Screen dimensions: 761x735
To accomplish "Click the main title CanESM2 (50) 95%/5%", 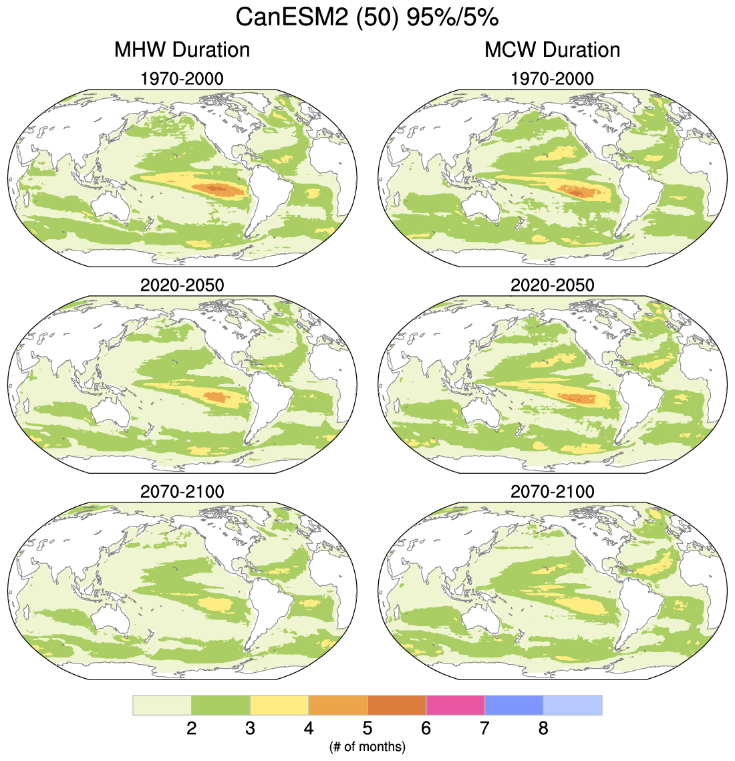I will [x=367, y=18].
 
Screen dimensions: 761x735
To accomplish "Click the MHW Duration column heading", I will [x=182, y=49].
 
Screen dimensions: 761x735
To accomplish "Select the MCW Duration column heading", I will [x=552, y=49].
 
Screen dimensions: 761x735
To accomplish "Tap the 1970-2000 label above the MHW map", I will [x=182, y=79].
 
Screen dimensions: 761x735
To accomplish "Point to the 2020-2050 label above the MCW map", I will [x=552, y=285].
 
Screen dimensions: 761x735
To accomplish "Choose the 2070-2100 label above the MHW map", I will [x=182, y=492].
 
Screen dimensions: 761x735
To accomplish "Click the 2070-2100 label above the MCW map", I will [x=552, y=492].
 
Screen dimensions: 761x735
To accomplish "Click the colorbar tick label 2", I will [x=191, y=728].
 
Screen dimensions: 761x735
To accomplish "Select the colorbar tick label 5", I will [x=367, y=728].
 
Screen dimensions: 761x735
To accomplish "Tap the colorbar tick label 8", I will [x=543, y=728].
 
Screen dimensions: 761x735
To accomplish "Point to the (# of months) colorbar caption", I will [x=367, y=746].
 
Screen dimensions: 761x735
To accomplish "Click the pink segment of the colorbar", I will [x=455, y=705].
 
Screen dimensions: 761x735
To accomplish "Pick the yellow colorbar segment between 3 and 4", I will [x=279, y=705].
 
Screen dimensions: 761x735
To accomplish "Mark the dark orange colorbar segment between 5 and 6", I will [x=397, y=705].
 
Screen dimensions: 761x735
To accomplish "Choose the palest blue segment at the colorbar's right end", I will [x=573, y=705].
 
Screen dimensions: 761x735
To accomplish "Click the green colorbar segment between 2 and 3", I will [x=220, y=705].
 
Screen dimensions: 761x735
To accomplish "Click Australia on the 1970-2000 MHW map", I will [x=112, y=206].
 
